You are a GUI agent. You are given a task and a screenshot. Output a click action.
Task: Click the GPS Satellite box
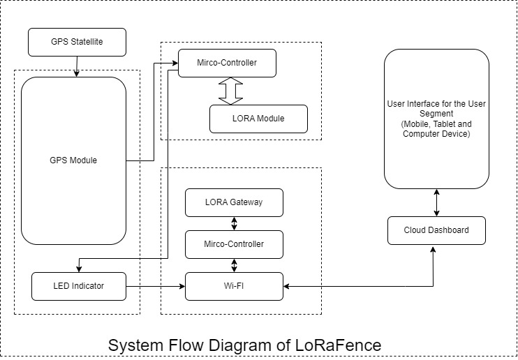[77, 42]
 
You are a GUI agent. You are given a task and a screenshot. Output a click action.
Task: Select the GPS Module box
[73, 160]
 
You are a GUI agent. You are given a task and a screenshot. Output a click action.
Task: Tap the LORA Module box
[258, 119]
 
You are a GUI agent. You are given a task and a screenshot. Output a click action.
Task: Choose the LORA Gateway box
[234, 202]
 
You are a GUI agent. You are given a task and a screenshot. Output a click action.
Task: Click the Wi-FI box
[234, 286]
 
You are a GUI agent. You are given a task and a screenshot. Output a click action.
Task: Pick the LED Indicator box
[78, 286]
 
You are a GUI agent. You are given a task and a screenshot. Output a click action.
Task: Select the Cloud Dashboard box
[436, 230]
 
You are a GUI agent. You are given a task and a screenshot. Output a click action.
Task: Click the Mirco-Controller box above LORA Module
[227, 63]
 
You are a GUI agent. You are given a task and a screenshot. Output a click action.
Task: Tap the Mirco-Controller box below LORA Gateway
[234, 244]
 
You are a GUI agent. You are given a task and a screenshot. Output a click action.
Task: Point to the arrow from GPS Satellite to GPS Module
[75, 66]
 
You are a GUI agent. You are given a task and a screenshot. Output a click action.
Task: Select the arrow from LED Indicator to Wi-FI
[155, 286]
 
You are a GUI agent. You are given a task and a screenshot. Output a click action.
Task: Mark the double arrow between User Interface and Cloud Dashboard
[436, 202]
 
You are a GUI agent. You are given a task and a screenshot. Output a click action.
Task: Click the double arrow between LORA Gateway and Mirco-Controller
[234, 223]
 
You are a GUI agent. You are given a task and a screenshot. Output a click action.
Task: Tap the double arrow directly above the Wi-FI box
[234, 265]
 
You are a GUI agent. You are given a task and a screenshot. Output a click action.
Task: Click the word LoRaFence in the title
[340, 345]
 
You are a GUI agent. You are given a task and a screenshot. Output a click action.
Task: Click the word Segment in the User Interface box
[436, 113]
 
